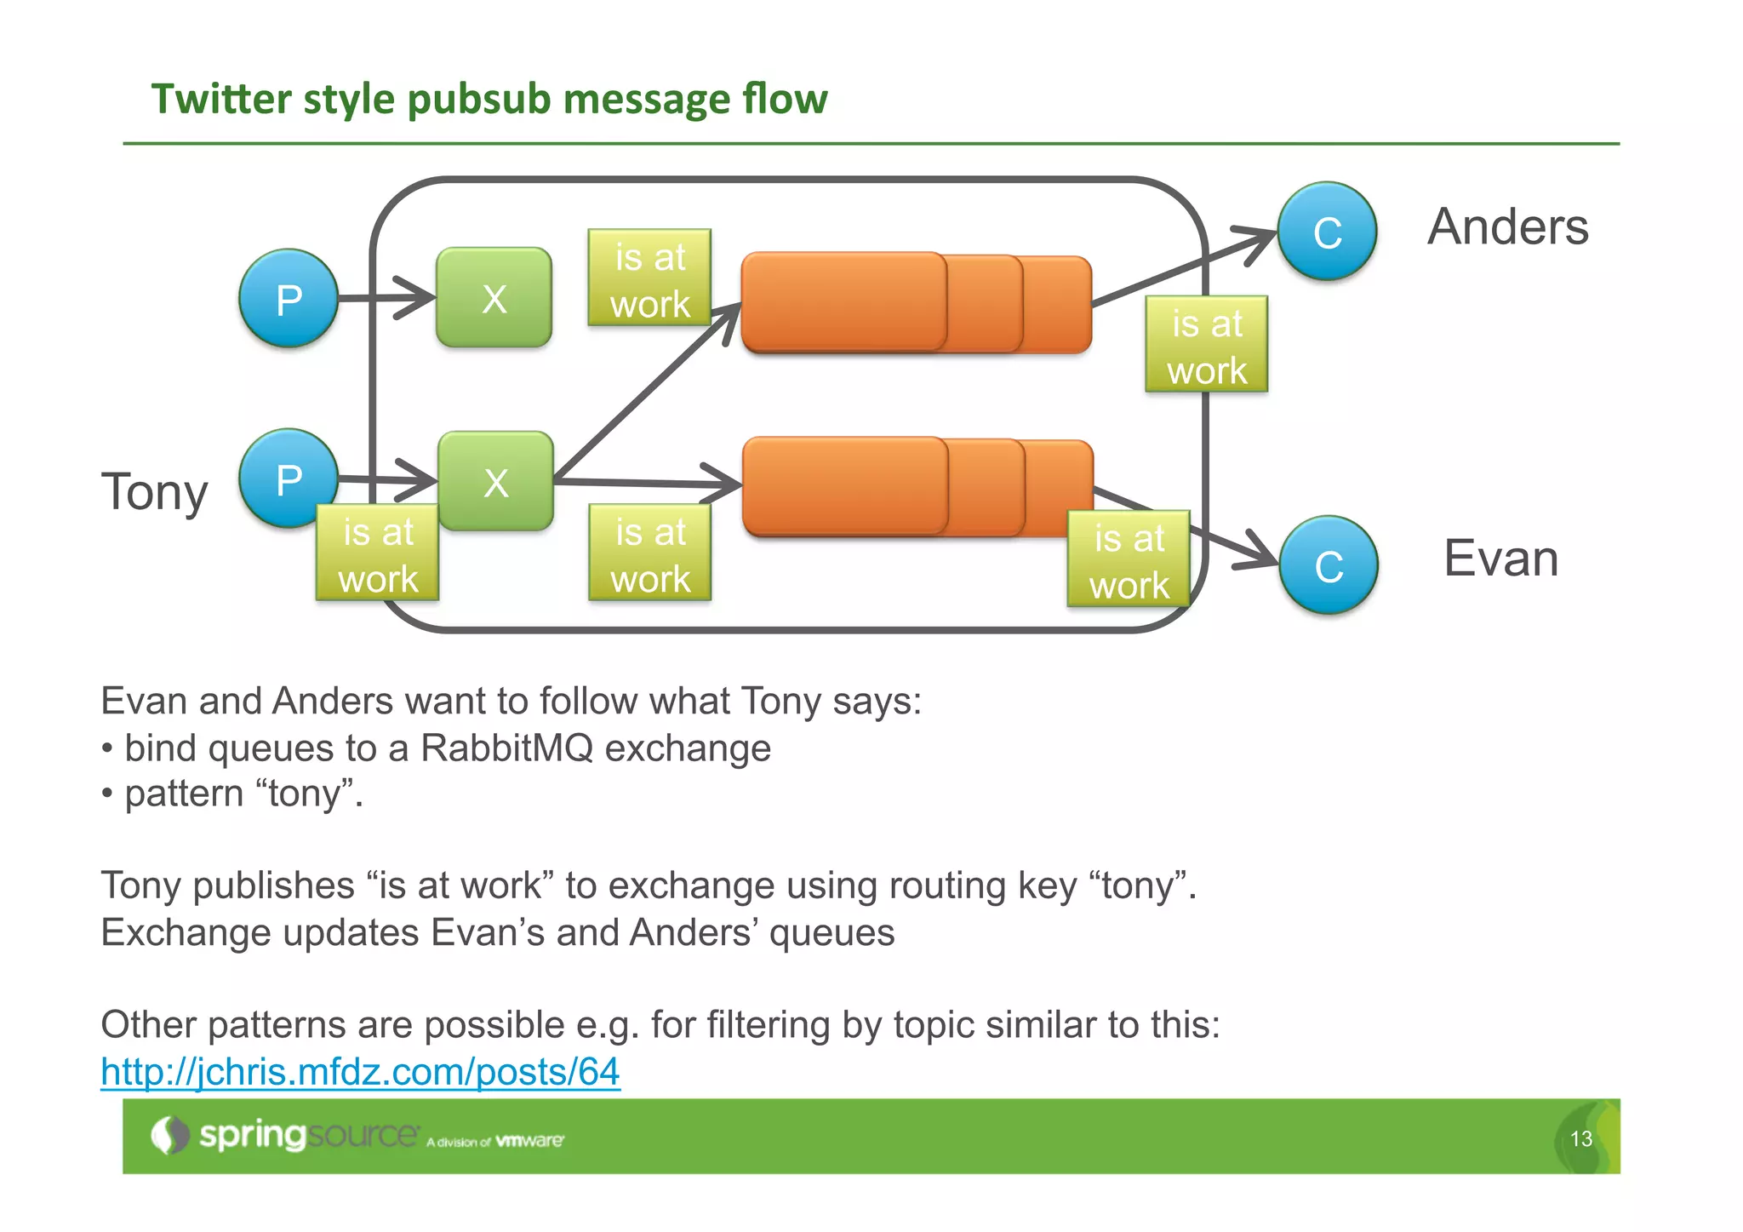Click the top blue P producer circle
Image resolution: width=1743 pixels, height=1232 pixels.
coord(289,299)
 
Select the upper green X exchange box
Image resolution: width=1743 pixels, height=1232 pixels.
coord(494,298)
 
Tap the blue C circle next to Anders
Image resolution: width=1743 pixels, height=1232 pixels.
coord(1327,232)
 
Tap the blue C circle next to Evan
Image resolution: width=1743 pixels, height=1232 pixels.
coord(1329,565)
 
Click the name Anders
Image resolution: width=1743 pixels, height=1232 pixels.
coord(1507,227)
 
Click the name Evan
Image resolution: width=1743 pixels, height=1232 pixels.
coord(1500,559)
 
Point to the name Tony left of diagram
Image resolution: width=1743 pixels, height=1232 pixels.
coord(154,492)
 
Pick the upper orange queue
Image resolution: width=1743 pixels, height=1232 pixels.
coord(915,302)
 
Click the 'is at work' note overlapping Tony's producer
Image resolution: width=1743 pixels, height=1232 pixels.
coord(378,554)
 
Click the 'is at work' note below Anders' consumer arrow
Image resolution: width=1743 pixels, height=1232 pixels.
coord(1206,346)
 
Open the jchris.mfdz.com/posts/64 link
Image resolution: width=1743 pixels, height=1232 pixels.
coord(360,1071)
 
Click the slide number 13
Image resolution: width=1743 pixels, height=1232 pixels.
coord(1580,1139)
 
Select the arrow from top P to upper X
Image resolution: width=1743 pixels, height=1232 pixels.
coord(387,298)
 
